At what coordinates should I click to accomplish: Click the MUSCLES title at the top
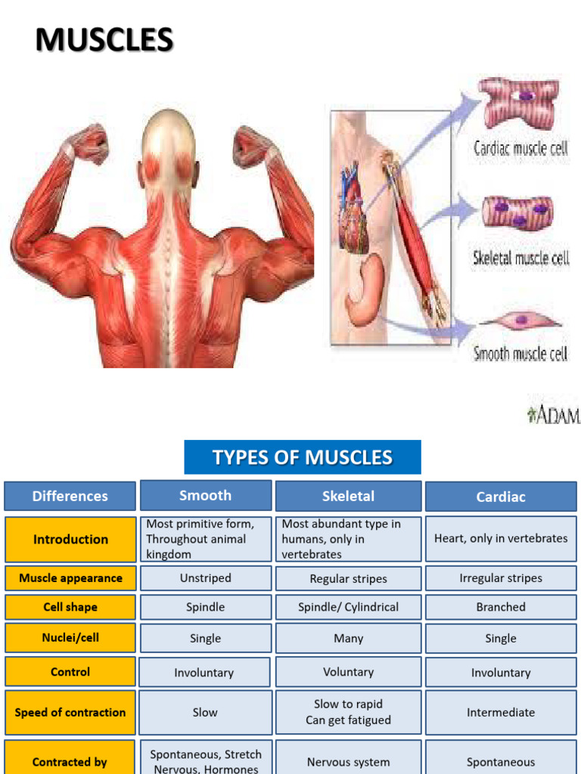104,39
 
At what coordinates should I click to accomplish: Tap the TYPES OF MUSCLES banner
303,457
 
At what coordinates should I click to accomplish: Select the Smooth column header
206,495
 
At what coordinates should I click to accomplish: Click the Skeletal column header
348,496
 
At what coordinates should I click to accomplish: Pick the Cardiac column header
501,497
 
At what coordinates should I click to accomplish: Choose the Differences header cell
70,496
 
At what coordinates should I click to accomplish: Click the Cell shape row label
70,607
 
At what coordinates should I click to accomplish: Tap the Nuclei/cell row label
70,637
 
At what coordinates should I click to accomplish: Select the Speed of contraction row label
70,712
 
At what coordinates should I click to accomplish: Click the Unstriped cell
206,578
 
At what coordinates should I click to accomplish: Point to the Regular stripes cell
348,579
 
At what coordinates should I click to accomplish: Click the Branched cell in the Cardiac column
501,607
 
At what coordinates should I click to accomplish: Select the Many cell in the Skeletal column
348,638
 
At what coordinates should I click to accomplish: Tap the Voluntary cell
348,672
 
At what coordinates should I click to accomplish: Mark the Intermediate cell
501,712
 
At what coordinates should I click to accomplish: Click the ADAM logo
554,414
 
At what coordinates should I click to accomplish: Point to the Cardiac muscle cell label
520,147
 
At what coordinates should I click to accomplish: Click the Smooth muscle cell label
520,353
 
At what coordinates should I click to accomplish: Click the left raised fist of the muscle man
89,144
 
